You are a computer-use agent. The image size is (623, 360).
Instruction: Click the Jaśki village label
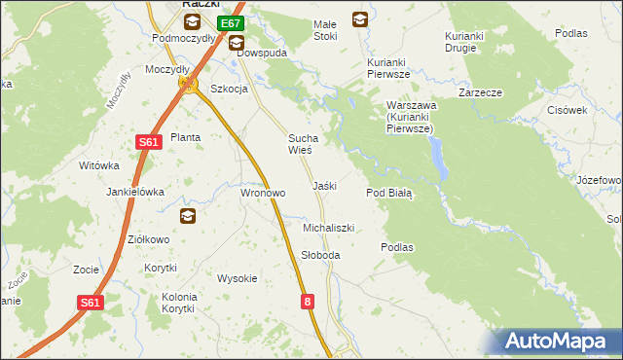(x=324, y=186)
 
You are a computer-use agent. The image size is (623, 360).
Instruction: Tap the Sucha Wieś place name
(x=299, y=144)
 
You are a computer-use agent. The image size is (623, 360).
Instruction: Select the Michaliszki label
(x=328, y=228)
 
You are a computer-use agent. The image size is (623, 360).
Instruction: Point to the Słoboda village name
(x=320, y=255)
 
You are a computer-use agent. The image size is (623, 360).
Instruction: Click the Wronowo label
(x=263, y=193)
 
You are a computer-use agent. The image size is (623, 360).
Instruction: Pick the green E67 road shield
(x=230, y=22)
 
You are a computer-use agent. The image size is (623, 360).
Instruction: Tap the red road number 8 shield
(x=309, y=302)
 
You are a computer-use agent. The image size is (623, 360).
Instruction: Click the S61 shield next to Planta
(x=148, y=142)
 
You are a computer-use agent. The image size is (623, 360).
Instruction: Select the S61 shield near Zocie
(x=91, y=303)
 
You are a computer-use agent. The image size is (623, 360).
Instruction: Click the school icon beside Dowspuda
(x=237, y=42)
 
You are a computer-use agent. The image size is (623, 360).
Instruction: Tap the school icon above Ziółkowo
(x=187, y=216)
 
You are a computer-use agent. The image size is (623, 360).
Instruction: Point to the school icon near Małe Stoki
(x=360, y=18)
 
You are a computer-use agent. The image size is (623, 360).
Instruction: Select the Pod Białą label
(x=389, y=193)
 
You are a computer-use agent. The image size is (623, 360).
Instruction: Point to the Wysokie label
(x=238, y=278)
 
